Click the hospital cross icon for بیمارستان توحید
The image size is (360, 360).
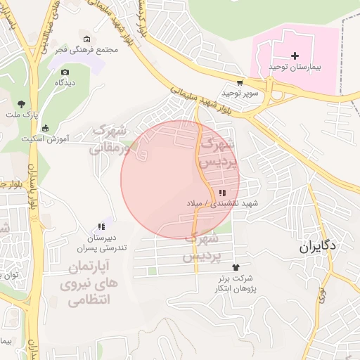pyautogui.click(x=294, y=55)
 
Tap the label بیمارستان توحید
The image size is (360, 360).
pyautogui.click(x=294, y=66)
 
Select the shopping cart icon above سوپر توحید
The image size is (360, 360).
pyautogui.click(x=240, y=82)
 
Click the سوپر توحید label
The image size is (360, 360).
pyautogui.click(x=240, y=93)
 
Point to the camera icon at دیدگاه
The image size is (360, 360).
pyautogui.click(x=65, y=72)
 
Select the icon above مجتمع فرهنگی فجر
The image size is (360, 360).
pyautogui.click(x=86, y=39)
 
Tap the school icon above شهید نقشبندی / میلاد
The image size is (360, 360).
pyautogui.click(x=222, y=193)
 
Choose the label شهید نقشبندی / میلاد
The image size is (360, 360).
pyautogui.click(x=222, y=203)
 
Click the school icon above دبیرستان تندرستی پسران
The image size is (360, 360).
pyautogui.click(x=101, y=226)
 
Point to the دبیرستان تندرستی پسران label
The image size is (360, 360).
pyautogui.click(x=102, y=243)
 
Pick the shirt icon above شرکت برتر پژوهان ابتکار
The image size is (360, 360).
pyautogui.click(x=235, y=267)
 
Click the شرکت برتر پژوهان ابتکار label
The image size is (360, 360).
pyautogui.click(x=236, y=283)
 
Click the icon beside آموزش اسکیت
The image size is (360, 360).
pyautogui.click(x=46, y=128)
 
